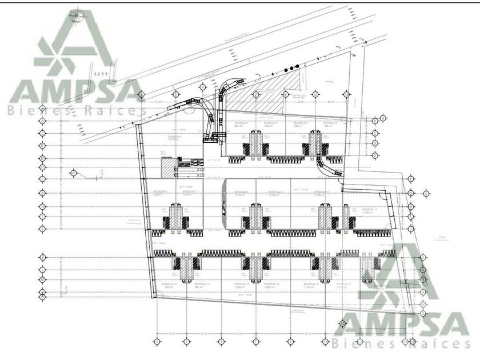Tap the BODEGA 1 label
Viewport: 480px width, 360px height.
click(x=159, y=137)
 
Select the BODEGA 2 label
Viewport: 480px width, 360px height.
click(x=241, y=122)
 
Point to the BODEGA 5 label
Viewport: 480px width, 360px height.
click(x=330, y=123)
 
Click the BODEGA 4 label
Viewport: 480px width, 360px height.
click(x=301, y=123)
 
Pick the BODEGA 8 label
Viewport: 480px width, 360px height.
click(x=242, y=192)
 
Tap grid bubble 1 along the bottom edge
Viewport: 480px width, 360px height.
click(x=157, y=342)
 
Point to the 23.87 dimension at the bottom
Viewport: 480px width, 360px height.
click(x=170, y=333)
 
